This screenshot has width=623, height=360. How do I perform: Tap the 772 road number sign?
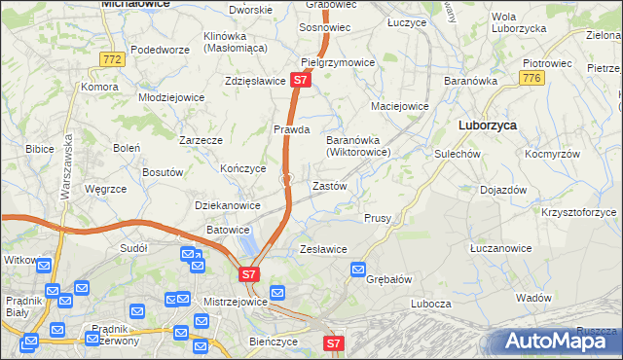tap(113, 60)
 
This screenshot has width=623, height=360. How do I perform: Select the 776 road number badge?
tap(531, 79)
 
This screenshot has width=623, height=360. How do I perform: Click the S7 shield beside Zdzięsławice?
tap(300, 82)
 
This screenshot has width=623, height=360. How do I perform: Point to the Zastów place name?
tap(329, 185)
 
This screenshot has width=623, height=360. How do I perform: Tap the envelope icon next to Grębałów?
tap(358, 269)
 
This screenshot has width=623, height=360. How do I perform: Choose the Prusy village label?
tap(378, 218)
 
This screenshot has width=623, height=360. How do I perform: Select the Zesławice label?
tap(324, 249)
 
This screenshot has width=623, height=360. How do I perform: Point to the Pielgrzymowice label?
tap(338, 62)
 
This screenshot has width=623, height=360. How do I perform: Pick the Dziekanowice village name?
tap(228, 205)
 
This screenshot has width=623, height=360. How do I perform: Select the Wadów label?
tap(534, 298)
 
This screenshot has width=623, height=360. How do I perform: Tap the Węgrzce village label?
tap(107, 189)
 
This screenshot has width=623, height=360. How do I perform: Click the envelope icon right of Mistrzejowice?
tap(277, 292)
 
